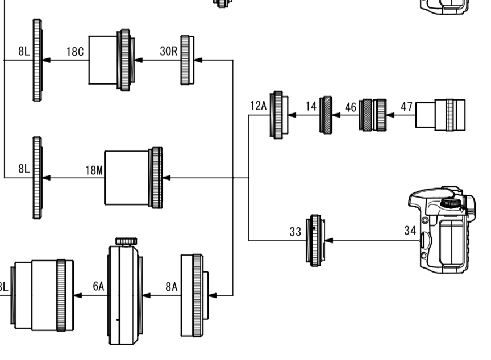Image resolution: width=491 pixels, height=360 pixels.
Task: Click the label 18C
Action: point(75,52)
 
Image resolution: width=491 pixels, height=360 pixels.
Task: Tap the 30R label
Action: point(169,51)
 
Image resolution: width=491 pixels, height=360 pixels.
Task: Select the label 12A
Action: point(258,106)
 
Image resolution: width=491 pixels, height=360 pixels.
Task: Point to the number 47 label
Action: point(406,106)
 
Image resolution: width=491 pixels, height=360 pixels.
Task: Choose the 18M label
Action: point(94,170)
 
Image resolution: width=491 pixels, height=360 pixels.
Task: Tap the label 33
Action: point(296,232)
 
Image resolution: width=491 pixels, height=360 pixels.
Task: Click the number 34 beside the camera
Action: point(410,231)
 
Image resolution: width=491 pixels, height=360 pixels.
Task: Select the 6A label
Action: point(99,287)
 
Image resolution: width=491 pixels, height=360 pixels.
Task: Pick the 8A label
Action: point(172,287)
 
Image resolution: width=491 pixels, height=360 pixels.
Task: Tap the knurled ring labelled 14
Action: point(327,115)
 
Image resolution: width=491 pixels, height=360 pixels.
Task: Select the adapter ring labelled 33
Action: point(314,240)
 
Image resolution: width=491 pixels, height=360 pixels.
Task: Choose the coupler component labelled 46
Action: point(373,115)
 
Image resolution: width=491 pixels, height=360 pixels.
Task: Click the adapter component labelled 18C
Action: point(111,60)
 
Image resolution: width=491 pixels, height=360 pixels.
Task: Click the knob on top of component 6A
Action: point(125,241)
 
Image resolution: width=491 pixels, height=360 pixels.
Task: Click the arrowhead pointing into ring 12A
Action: point(292,115)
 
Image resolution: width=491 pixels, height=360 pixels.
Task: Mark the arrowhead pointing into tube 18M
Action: point(167,178)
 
